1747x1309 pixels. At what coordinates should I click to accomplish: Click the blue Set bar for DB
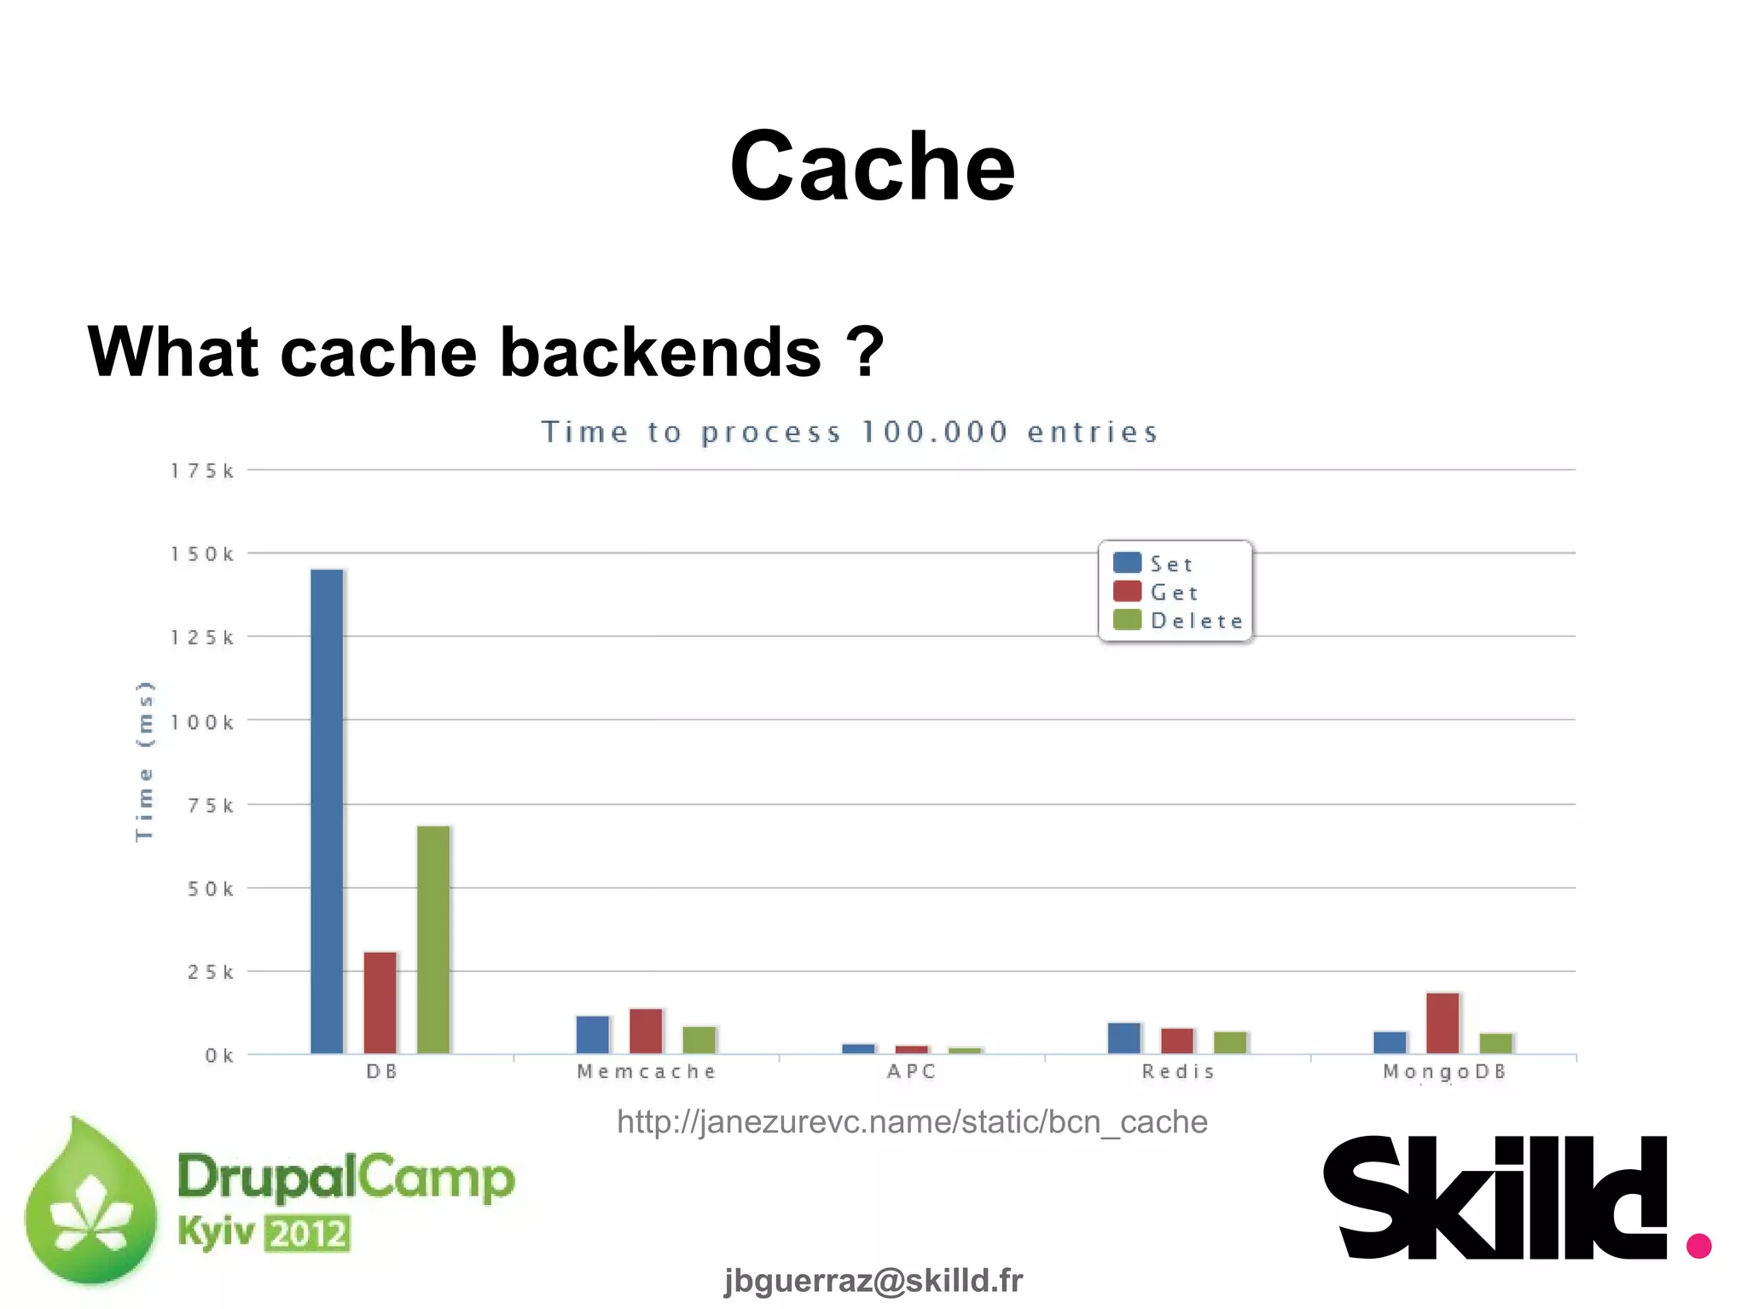click(x=327, y=810)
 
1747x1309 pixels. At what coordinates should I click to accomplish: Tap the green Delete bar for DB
click(x=433, y=939)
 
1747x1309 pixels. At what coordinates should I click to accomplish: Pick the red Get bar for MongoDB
click(x=1442, y=1022)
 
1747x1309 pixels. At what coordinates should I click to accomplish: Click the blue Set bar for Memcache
click(x=593, y=1034)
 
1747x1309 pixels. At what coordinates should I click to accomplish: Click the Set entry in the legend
click(x=1171, y=564)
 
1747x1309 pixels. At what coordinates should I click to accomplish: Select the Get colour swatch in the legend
click(x=1127, y=592)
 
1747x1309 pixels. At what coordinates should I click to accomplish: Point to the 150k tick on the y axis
click(x=202, y=554)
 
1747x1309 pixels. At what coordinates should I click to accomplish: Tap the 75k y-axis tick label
click(x=211, y=806)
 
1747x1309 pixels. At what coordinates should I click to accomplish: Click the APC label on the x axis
click(x=912, y=1072)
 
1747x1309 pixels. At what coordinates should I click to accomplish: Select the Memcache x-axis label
click(x=646, y=1072)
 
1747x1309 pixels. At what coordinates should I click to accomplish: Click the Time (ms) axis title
click(x=145, y=761)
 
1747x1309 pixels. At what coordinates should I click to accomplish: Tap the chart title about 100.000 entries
click(x=850, y=432)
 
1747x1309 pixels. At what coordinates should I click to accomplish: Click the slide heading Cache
click(x=872, y=166)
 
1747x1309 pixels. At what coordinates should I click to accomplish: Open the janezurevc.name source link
click(x=912, y=1122)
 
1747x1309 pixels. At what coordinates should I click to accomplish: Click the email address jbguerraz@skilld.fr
click(x=873, y=1280)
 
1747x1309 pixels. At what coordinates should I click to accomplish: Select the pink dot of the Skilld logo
click(x=1698, y=1245)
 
